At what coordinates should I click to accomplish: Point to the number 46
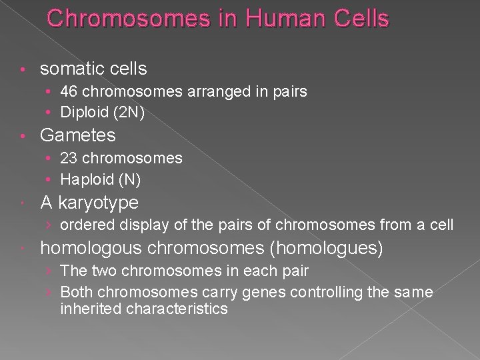click(x=69, y=92)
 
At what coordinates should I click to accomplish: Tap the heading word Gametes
click(x=77, y=135)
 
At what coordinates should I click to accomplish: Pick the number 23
click(x=69, y=159)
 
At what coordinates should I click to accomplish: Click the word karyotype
click(x=98, y=203)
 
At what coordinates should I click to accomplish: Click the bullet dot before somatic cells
click(x=23, y=69)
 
